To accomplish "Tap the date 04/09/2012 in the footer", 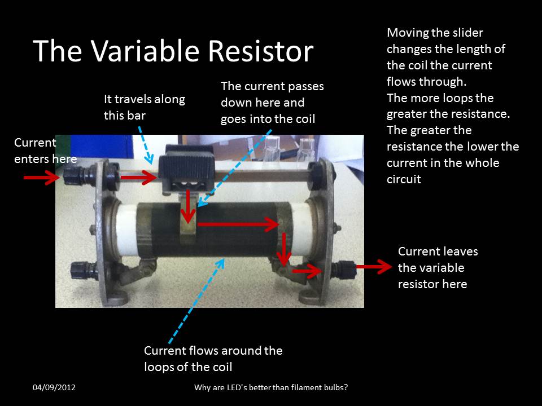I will point(54,387).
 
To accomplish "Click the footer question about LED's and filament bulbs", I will point(270,387).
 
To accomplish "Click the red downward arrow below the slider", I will point(187,209).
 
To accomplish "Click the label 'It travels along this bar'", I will point(144,107).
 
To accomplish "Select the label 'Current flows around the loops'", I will point(213,358).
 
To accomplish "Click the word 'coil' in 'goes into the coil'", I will point(303,119).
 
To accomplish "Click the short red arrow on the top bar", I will point(138,178).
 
